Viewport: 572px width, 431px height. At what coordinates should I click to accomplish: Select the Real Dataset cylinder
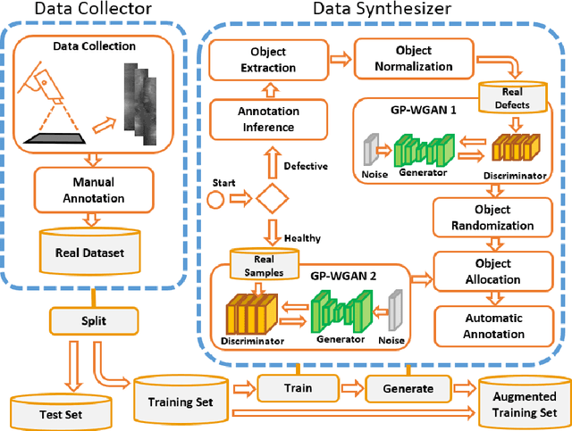pyautogui.click(x=87, y=251)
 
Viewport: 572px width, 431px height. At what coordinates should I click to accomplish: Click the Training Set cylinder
pyautogui.click(x=178, y=398)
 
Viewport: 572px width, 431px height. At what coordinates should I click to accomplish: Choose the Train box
pyautogui.click(x=299, y=388)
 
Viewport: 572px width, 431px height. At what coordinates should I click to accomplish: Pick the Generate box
pyautogui.click(x=408, y=388)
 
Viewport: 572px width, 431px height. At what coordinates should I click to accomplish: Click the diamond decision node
pyautogui.click(x=268, y=196)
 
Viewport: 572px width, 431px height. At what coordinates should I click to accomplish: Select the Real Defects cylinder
pyautogui.click(x=507, y=97)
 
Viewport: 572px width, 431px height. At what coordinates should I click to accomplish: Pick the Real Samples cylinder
pyautogui.click(x=258, y=262)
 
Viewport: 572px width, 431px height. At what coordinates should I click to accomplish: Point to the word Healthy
pyautogui.click(x=303, y=237)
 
